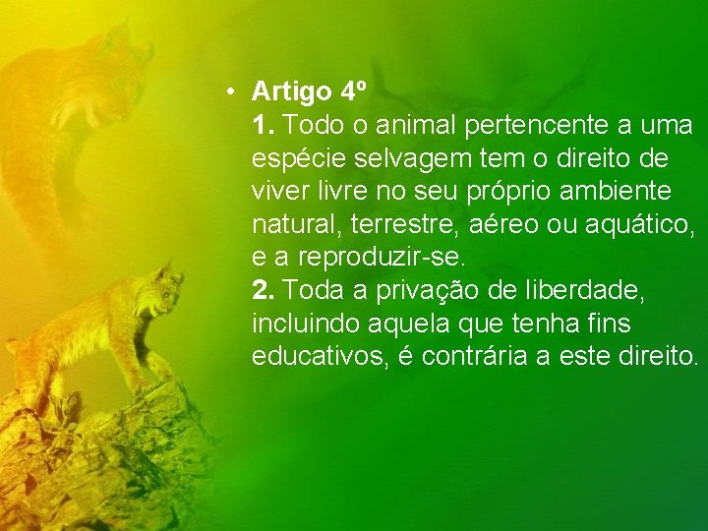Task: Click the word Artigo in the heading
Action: (292, 93)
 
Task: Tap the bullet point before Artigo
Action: (228, 92)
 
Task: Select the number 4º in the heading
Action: (353, 92)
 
